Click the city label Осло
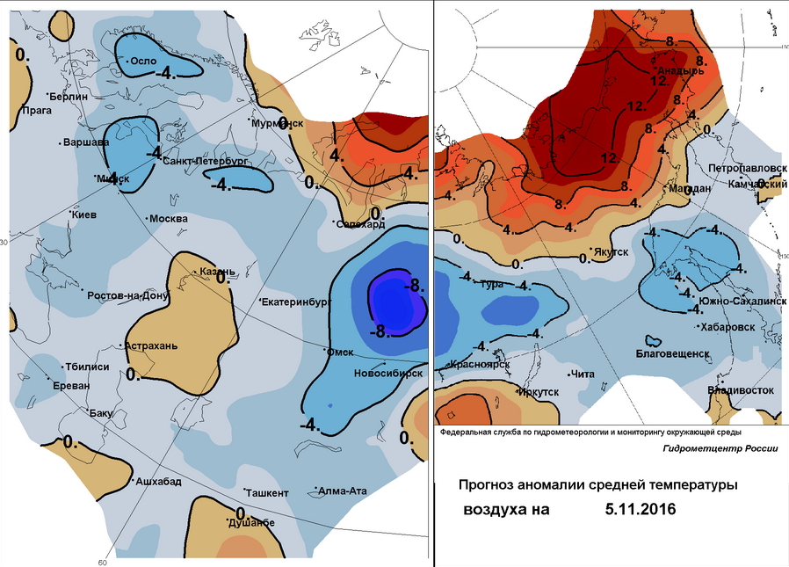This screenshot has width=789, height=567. point(142,62)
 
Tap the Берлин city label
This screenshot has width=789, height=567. point(69,97)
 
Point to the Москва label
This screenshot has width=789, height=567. point(169,218)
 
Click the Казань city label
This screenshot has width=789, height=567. point(217,271)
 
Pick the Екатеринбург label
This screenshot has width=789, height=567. point(294,302)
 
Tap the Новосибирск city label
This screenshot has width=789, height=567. point(387,373)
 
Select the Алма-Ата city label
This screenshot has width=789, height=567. point(345,491)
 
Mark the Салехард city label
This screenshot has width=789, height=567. point(362,224)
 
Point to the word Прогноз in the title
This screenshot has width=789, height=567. point(494,484)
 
